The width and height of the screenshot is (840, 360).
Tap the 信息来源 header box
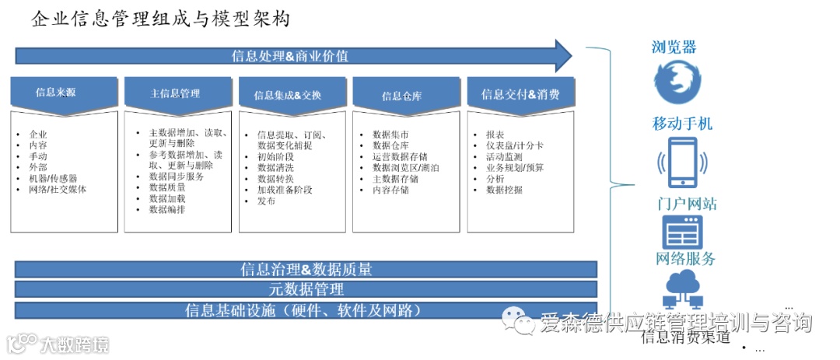(x=56, y=93)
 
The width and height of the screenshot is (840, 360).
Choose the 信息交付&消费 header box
(x=520, y=95)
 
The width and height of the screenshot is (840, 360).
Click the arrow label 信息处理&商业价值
(x=289, y=56)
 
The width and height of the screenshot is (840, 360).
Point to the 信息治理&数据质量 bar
(x=306, y=270)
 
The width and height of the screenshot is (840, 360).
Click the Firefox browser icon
(x=677, y=83)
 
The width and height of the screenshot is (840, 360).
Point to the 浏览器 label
(x=674, y=47)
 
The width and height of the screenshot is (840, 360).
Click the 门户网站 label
(x=686, y=204)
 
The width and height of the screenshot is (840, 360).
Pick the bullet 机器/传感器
(x=53, y=178)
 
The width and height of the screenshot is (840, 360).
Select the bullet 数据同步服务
(x=177, y=177)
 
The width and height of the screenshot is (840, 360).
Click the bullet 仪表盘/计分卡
(x=515, y=145)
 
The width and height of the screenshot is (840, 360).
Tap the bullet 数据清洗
(x=276, y=167)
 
